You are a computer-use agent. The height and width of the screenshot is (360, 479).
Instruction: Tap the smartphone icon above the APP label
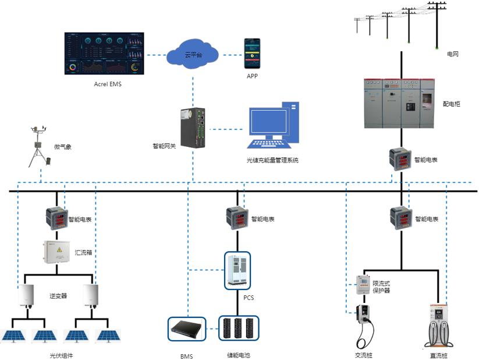tap(252, 54)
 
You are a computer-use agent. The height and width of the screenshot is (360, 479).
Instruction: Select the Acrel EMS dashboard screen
tap(104, 54)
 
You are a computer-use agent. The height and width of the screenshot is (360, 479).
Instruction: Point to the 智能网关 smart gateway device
tap(193, 127)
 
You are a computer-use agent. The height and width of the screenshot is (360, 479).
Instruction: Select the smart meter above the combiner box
tap(56, 218)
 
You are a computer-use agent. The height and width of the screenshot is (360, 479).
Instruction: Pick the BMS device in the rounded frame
tap(186, 329)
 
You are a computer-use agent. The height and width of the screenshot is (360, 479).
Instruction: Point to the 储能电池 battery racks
tap(239, 329)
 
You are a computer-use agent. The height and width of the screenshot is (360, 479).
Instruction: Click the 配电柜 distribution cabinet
tap(400, 103)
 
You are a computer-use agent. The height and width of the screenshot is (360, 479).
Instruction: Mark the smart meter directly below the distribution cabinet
tap(400, 159)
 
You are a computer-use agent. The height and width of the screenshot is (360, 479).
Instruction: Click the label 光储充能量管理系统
tap(272, 160)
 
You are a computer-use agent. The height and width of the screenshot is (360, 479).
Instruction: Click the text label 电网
tap(453, 54)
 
